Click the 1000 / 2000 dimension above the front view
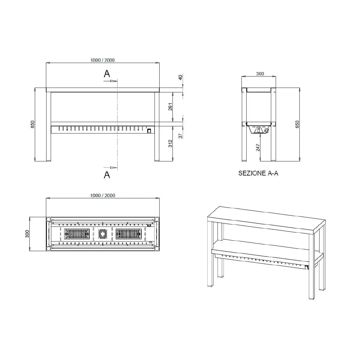pos(102,60)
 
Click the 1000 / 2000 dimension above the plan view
pos(103,195)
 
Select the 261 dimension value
pos(170,107)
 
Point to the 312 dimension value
pos(170,143)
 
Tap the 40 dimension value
pos(180,77)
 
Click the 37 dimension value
pos(180,136)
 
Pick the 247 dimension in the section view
pos(258,147)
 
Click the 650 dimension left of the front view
pos(32,124)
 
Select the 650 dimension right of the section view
pos(297,124)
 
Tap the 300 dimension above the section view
pos(260,73)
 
